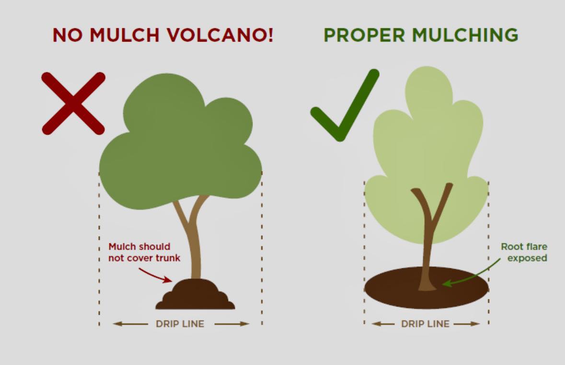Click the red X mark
[73, 103]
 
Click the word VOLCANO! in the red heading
[220, 35]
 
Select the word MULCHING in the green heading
[465, 35]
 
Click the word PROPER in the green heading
[364, 35]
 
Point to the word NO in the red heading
[68, 35]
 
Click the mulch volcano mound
[196, 294]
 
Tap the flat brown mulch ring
[427, 287]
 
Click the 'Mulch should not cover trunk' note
[144, 252]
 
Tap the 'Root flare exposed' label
[524, 252]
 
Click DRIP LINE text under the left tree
[180, 324]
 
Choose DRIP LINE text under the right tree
[425, 324]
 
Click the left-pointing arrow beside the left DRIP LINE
[130, 324]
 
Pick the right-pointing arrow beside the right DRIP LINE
[467, 324]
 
